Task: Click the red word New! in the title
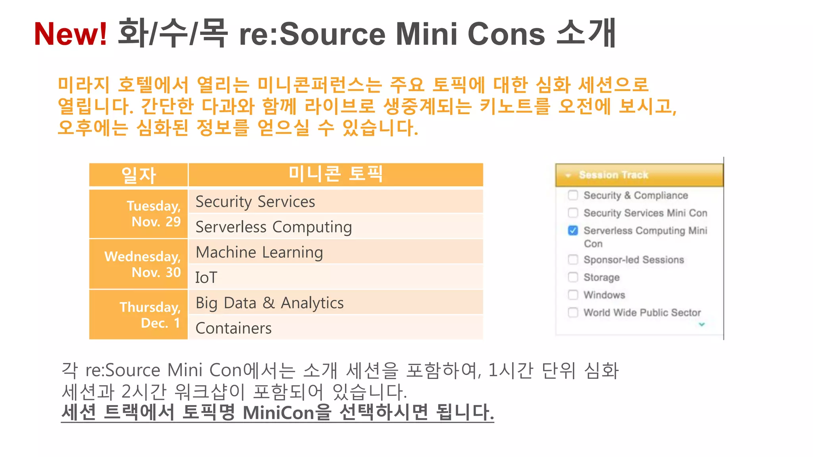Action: (70, 34)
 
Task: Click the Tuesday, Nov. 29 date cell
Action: (139, 214)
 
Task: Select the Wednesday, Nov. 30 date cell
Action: (139, 264)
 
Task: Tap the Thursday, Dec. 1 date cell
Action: (139, 315)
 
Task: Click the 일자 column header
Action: (139, 175)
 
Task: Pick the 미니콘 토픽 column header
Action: (335, 174)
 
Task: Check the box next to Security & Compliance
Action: (573, 195)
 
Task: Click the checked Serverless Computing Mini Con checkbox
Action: (573, 230)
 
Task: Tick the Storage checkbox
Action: (573, 277)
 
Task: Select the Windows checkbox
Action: (573, 295)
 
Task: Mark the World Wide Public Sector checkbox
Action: (573, 313)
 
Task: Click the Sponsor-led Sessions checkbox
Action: (573, 259)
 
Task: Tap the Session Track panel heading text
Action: (613, 175)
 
